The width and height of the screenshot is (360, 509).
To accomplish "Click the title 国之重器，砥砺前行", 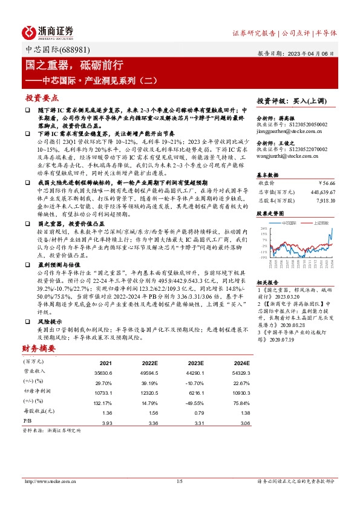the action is (74, 64).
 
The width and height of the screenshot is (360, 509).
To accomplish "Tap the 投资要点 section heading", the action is (41, 97).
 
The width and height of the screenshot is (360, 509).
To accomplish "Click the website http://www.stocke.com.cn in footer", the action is (47, 481).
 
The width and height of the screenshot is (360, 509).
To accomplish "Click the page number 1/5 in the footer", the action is (179, 481).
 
